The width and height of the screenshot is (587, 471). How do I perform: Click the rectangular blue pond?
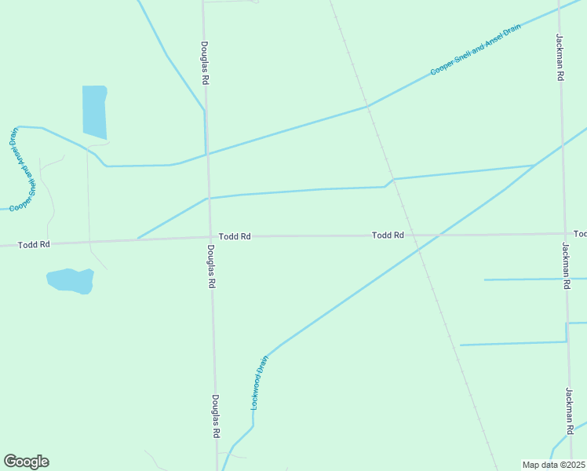coord(94,111)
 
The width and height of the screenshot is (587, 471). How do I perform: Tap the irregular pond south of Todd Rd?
coord(71,280)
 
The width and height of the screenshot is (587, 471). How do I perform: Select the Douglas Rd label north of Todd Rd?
coord(204,63)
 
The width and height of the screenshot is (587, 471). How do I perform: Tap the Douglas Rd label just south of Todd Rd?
coord(211,268)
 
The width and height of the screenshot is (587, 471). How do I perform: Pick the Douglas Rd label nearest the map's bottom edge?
coord(215,416)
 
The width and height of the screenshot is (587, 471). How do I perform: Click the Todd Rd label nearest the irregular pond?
coord(34,245)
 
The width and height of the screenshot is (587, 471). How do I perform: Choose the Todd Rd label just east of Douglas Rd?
coord(235,236)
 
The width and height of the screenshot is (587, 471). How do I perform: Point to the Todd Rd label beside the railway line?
coord(388,235)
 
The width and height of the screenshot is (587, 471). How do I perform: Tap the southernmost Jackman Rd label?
coord(569,411)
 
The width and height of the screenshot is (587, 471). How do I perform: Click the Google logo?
coord(26,462)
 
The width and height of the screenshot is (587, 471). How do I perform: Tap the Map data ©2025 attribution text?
coord(553,464)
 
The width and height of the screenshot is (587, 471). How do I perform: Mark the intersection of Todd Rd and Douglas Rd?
coord(209,237)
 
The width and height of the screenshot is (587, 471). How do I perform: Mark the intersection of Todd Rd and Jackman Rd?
coord(563,233)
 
